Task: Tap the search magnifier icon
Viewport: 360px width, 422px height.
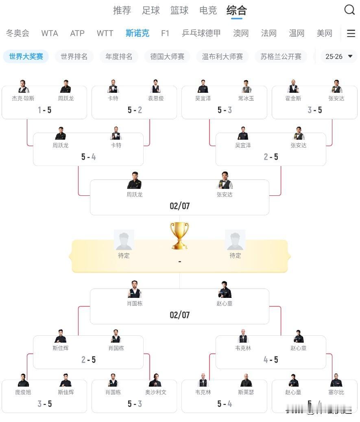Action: coord(349,10)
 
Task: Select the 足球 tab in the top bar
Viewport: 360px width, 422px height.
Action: coord(151,11)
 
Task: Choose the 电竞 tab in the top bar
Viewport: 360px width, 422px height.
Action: coord(208,11)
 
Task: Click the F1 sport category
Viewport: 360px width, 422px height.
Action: coord(165,33)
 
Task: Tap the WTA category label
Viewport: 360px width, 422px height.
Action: coord(50,33)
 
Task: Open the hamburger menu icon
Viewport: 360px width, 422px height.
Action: coord(351,33)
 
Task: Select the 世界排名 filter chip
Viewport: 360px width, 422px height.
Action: coord(74,57)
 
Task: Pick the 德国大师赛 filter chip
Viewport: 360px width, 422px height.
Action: coord(167,57)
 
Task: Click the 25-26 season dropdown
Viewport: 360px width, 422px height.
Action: coord(338,57)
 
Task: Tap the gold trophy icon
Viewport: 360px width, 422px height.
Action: coord(179,235)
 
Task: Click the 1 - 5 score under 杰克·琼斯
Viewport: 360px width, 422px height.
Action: coord(44,110)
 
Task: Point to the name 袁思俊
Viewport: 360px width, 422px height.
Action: coord(156,98)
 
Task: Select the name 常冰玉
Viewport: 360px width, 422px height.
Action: coord(246,98)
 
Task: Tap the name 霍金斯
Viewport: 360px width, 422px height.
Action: coord(293,98)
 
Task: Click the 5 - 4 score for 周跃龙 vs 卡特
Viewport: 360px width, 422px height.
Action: coord(88,157)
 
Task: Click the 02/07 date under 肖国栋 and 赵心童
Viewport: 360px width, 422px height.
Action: coord(179,315)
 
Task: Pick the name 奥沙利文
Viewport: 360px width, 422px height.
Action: coord(156,392)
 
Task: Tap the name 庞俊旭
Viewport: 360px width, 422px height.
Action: coord(23,392)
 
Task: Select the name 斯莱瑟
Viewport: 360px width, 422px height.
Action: coord(246,392)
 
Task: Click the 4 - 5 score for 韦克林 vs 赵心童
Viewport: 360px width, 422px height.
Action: coord(271,360)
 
